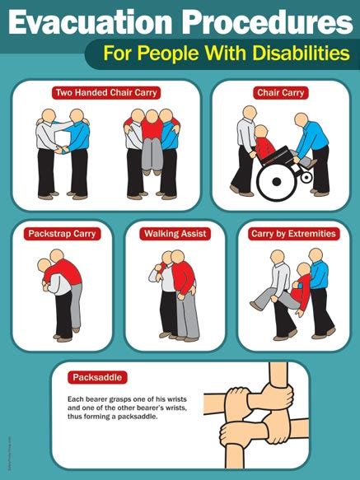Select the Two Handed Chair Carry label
tap(105, 93)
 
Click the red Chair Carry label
tap(280, 93)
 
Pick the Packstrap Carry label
tap(62, 234)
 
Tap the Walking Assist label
tap(174, 234)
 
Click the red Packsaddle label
tap(97, 377)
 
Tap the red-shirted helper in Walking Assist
tap(184, 288)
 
